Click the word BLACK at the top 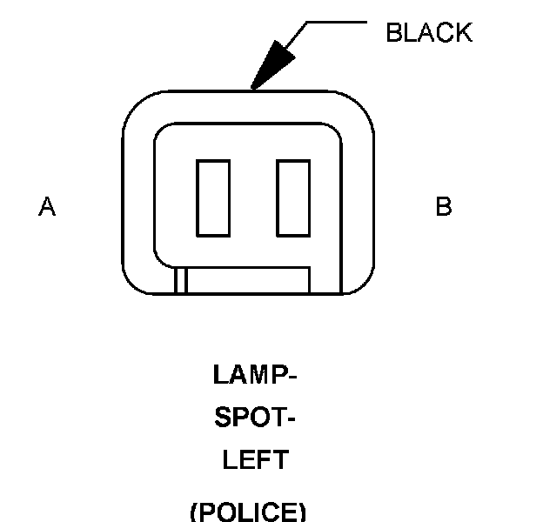click(x=429, y=33)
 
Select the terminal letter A click(x=47, y=207)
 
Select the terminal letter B click(x=444, y=207)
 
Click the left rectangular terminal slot click(x=213, y=197)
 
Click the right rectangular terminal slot click(x=293, y=197)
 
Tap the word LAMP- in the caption click(x=255, y=376)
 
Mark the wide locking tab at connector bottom click(x=249, y=280)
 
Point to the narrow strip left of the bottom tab click(x=181, y=280)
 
